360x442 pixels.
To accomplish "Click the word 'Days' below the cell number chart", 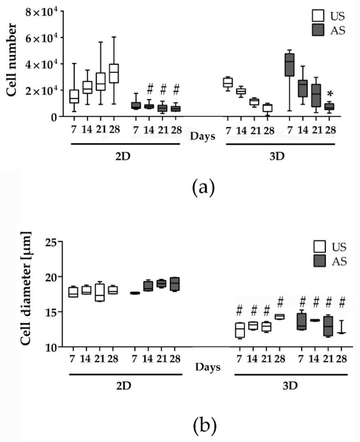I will pos(203,136).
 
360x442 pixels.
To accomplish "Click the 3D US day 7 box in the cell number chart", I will pos(228,82).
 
